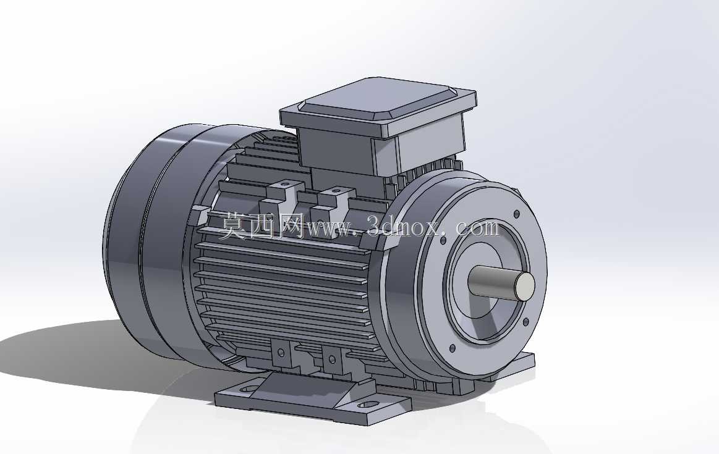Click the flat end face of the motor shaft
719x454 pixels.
[525, 286]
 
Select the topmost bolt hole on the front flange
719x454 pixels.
[517, 214]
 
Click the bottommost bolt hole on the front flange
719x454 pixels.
[453, 348]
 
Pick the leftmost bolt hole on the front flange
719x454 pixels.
[443, 240]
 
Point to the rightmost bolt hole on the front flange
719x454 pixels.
[525, 322]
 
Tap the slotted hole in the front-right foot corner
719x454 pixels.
[368, 405]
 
